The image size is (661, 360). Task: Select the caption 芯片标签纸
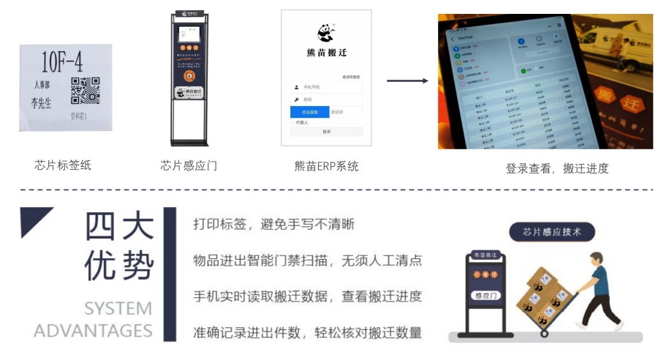tap(63, 165)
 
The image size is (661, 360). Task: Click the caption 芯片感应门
tap(189, 165)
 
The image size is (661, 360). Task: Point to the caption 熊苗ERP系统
tap(326, 166)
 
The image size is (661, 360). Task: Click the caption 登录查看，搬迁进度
tap(556, 168)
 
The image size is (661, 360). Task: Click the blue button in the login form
tap(309, 112)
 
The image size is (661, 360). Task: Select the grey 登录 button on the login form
tap(326, 132)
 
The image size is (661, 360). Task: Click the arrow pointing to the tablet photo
tap(407, 80)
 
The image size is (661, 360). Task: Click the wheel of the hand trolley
tap(544, 333)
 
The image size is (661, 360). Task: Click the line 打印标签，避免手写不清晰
tap(273, 224)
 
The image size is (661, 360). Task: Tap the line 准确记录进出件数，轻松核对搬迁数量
tap(307, 333)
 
